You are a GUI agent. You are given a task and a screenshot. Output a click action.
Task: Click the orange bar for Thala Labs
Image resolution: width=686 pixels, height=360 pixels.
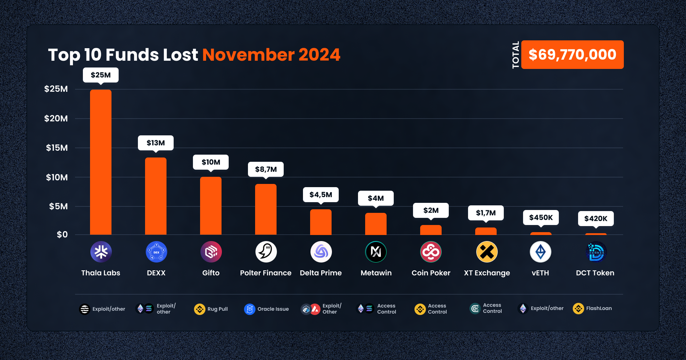(101, 162)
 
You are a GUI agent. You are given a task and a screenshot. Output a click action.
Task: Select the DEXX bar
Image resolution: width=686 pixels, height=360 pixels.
(156, 196)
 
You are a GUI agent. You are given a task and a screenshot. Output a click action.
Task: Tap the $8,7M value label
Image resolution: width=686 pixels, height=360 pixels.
(266, 169)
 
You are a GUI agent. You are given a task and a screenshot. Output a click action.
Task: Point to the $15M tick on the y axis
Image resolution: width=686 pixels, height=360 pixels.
(57, 148)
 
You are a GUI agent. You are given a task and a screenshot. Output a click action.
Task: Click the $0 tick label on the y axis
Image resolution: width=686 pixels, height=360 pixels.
(62, 235)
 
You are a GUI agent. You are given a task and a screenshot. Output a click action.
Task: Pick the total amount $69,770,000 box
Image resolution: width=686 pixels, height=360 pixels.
(572, 55)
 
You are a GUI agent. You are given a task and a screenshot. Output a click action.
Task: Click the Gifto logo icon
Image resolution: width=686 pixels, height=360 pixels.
(211, 252)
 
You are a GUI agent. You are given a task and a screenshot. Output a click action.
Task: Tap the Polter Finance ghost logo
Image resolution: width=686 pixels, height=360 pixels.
(266, 252)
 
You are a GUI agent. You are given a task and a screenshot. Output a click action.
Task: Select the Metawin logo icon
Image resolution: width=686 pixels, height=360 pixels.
(376, 252)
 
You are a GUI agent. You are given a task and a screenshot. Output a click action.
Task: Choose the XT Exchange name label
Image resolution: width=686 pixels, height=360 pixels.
(487, 273)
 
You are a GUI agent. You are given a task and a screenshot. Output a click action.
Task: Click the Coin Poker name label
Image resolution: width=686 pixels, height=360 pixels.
(431, 273)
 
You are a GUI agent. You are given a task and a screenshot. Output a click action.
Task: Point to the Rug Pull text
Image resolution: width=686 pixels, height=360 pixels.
(218, 309)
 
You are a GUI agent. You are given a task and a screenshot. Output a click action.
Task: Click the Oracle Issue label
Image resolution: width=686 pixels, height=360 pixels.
(273, 309)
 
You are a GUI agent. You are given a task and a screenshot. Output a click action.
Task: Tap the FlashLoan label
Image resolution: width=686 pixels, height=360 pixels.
(599, 308)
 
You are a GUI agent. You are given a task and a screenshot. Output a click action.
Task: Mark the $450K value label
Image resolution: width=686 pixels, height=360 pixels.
(541, 217)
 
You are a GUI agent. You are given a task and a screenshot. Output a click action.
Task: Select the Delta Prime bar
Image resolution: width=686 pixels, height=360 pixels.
(321, 222)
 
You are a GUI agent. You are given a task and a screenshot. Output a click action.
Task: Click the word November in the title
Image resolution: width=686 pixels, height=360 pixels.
(249, 55)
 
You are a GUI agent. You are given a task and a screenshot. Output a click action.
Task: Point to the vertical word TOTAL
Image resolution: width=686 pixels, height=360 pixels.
(516, 55)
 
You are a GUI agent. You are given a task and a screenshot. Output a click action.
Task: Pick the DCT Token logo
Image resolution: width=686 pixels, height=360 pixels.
(596, 252)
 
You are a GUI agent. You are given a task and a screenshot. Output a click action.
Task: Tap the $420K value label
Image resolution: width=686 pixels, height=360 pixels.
(596, 219)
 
